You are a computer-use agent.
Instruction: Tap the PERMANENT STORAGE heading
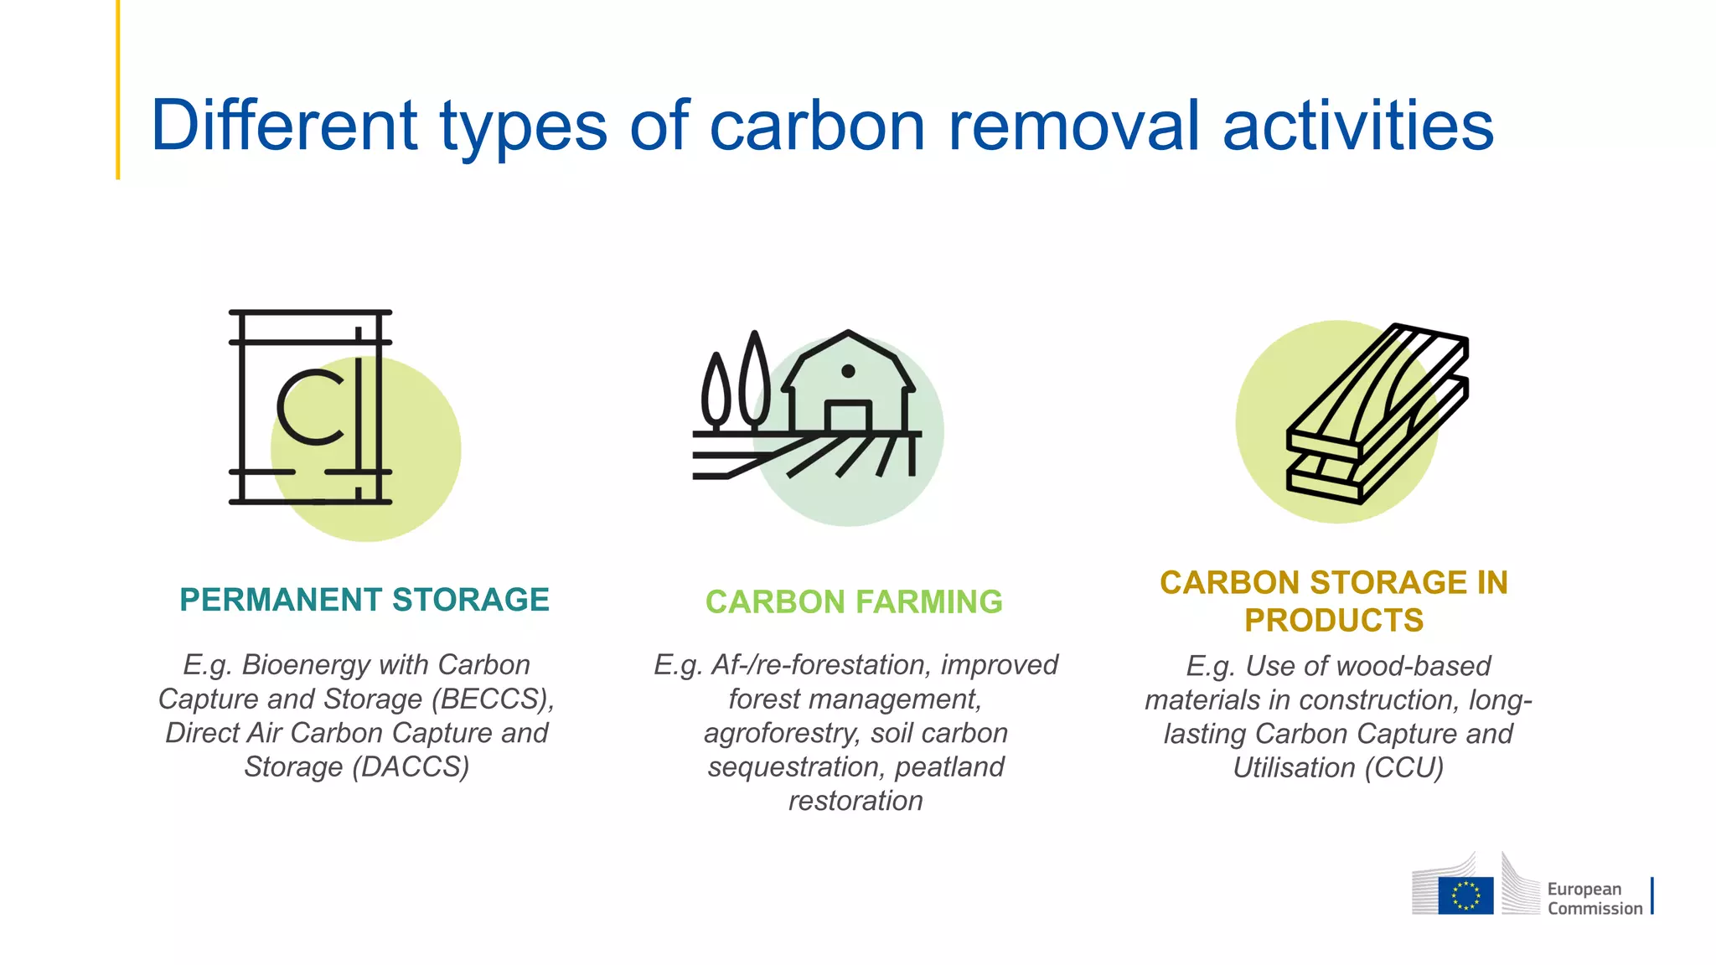click(364, 600)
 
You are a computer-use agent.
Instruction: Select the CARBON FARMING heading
click(854, 602)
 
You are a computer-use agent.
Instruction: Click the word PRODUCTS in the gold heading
click(1334, 621)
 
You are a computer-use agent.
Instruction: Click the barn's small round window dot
click(848, 371)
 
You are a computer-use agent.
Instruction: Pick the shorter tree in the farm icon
click(716, 390)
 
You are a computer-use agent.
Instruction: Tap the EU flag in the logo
click(1465, 895)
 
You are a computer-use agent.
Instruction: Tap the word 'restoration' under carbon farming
click(855, 802)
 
